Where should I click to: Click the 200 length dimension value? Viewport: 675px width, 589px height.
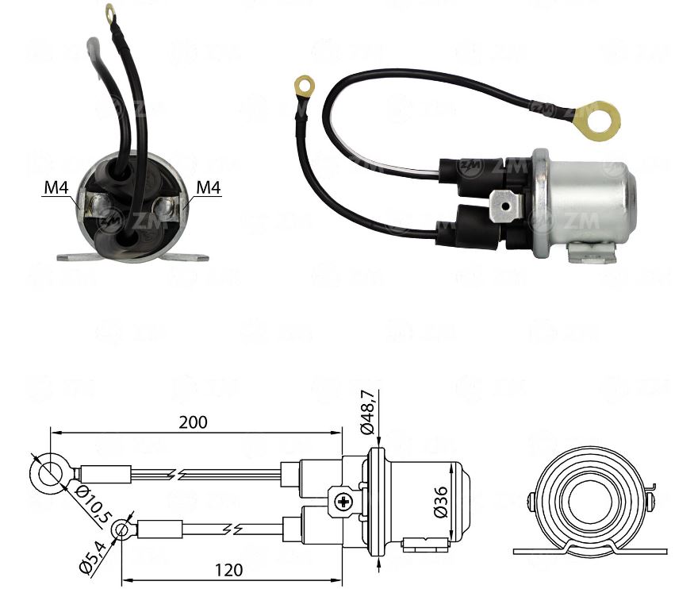tap(193, 422)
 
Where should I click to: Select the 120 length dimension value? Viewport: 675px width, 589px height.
tap(228, 569)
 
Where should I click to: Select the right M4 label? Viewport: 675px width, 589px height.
tap(208, 188)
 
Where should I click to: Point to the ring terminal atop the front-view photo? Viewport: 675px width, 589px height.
tap(110, 12)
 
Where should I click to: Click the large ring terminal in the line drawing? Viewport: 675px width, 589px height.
tap(46, 475)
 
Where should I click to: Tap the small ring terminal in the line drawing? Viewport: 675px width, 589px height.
tap(121, 529)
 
